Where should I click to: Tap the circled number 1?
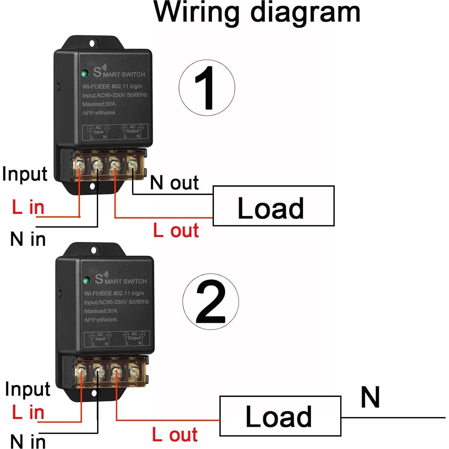coord(207,88)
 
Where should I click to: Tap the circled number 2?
coord(210,302)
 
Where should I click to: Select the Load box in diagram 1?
coord(273,206)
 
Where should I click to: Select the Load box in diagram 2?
coord(280,416)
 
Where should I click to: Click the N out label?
coord(174,183)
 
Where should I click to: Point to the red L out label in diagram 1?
coord(176,231)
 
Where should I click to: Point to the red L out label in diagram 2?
coord(175,435)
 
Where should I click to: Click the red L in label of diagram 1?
coord(28,208)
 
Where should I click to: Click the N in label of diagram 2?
coord(28,441)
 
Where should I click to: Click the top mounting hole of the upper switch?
coord(92,43)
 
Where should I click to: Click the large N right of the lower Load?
coord(370,397)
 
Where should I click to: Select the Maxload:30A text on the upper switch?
coord(99,104)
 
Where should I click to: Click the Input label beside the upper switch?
coord(24,174)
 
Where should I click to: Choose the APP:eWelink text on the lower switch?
coord(101,320)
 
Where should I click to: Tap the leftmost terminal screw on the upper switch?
coord(79,165)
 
